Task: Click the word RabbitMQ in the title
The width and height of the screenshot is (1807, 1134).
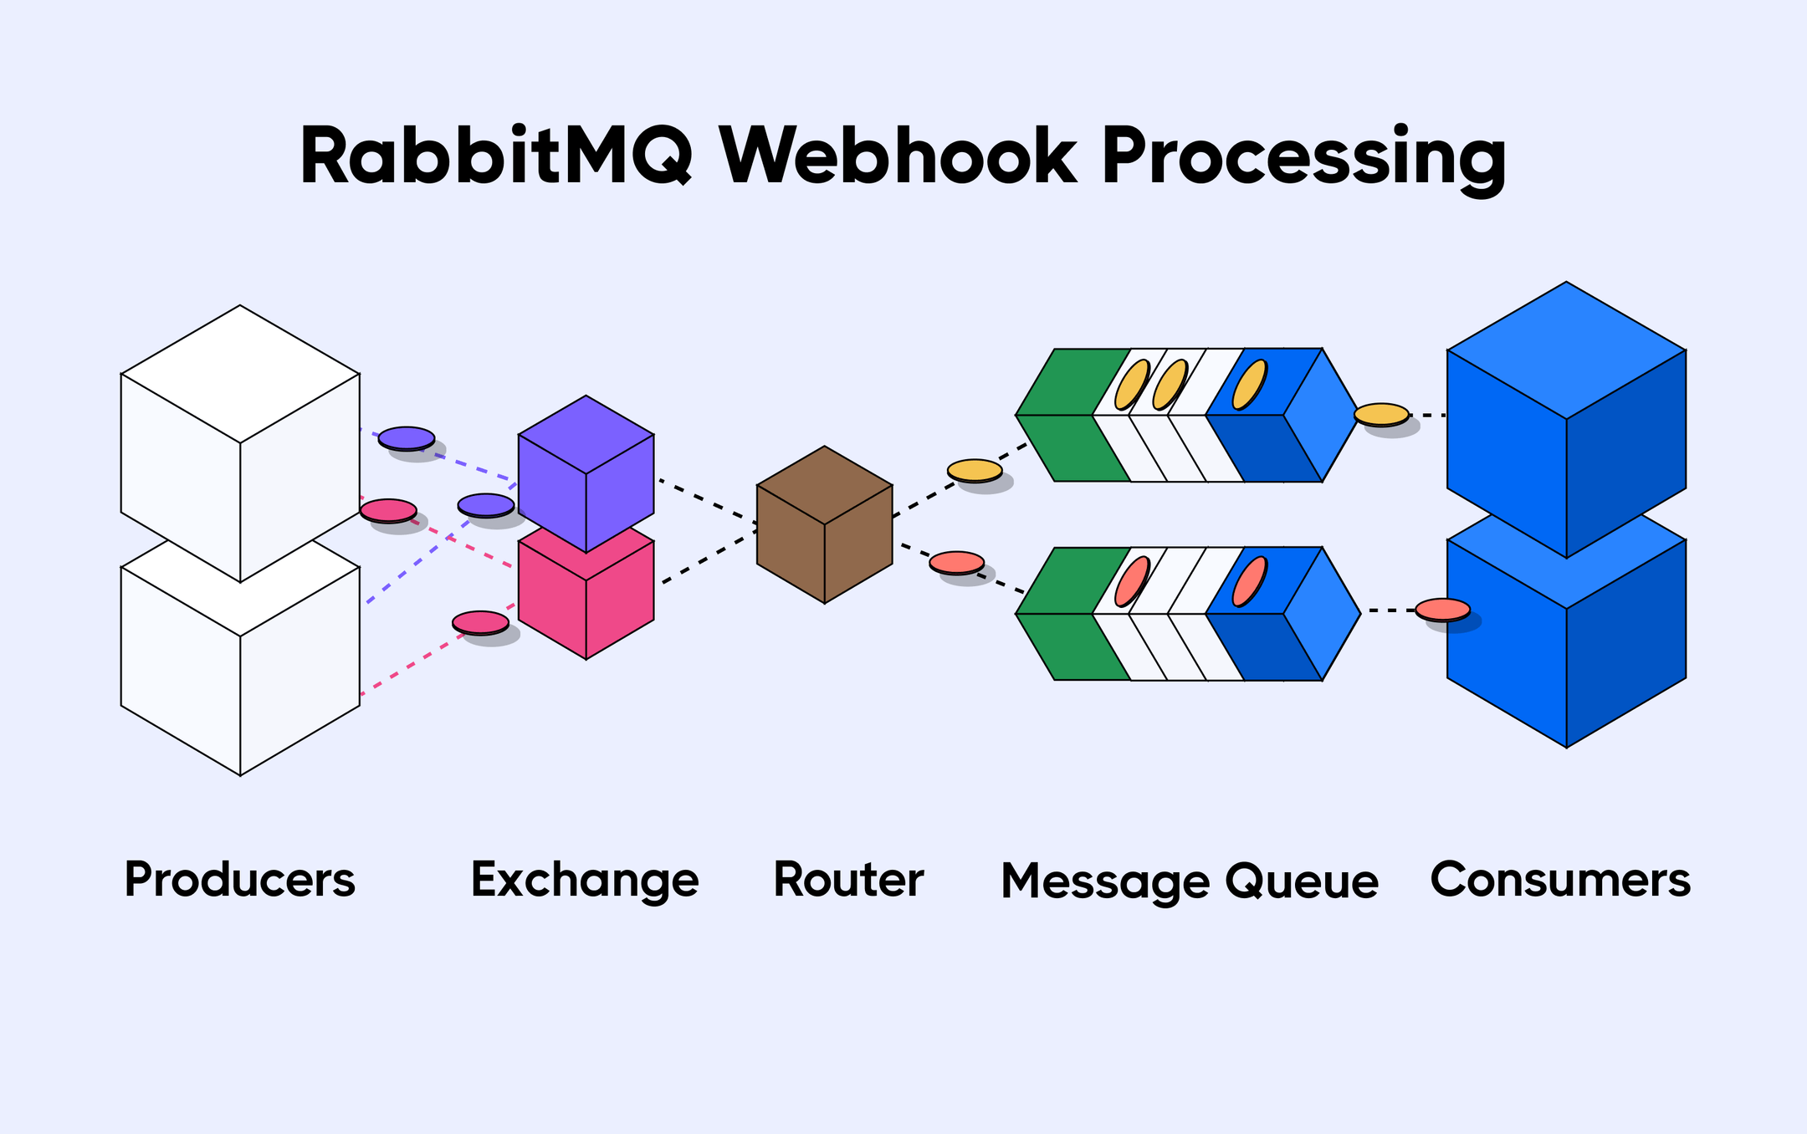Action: (495, 157)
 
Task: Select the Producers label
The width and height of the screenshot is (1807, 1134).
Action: (240, 881)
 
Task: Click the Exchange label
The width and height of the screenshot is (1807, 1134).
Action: (585, 881)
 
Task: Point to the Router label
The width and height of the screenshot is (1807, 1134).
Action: (848, 881)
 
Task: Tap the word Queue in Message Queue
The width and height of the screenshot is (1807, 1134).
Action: (1302, 882)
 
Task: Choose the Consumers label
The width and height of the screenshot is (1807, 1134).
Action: (1560, 881)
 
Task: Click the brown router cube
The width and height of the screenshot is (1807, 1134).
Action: (824, 524)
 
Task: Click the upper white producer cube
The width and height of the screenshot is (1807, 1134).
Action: (240, 443)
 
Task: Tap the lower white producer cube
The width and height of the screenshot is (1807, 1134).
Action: (240, 669)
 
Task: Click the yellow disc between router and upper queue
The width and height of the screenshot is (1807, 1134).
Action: (975, 470)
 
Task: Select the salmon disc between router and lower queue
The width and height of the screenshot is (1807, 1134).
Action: (957, 562)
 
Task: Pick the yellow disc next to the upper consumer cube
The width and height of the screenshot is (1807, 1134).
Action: (1381, 414)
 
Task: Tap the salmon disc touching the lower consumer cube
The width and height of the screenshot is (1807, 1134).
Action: (1442, 609)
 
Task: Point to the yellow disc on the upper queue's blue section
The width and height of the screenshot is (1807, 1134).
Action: (1250, 385)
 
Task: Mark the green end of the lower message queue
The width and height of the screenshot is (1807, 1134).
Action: (1067, 613)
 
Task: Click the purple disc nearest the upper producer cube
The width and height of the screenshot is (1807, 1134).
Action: (406, 437)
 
